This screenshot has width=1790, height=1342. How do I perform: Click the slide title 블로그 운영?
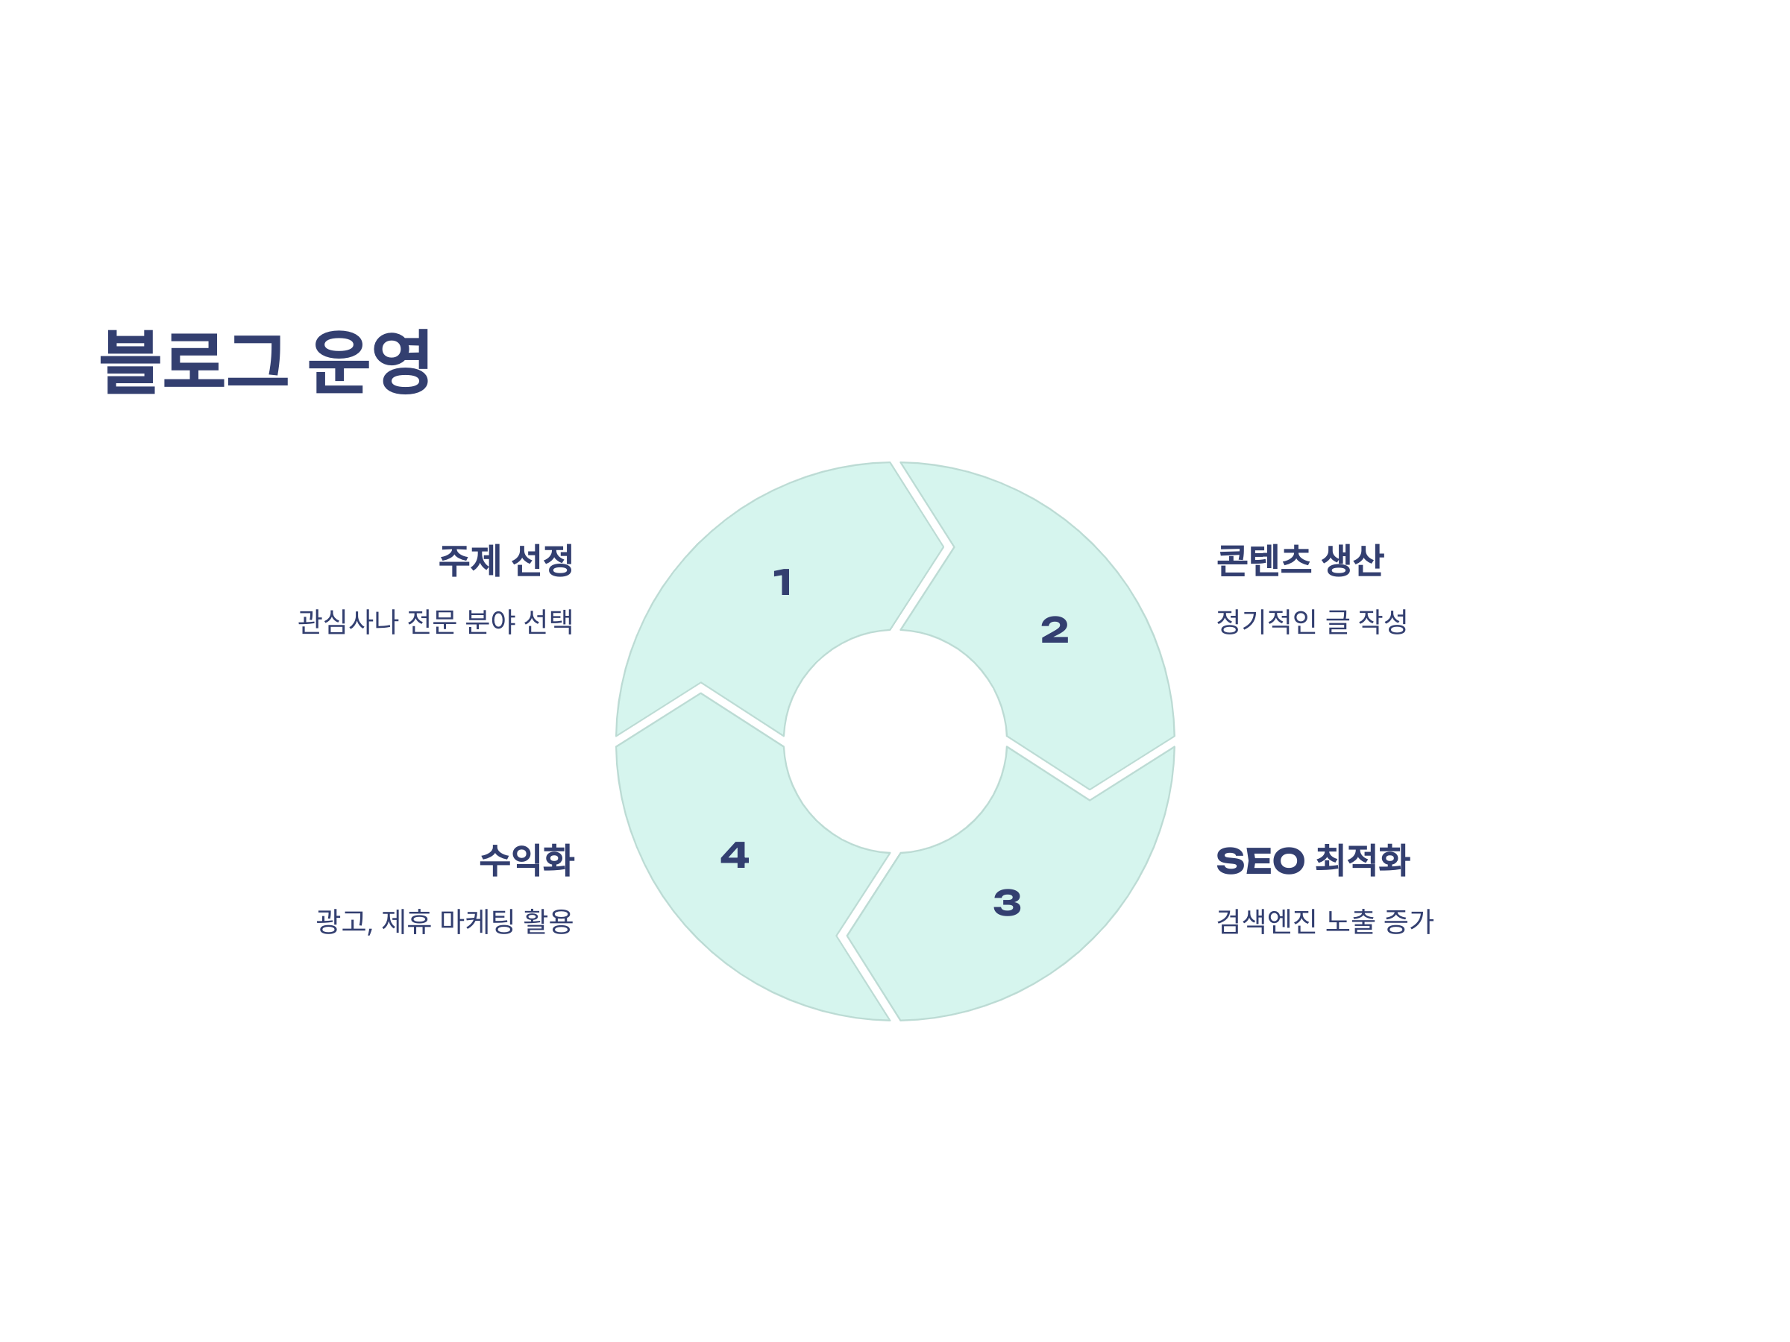coord(265,362)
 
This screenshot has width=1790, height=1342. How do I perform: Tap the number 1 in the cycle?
coord(782,582)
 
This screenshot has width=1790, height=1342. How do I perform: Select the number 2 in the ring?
coord(1055,630)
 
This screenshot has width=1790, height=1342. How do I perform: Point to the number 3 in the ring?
coord(1007,903)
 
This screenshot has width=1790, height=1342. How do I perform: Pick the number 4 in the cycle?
coord(735,855)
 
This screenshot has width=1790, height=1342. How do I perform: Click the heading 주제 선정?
coord(506,561)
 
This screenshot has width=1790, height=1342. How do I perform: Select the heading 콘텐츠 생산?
coord(1299,561)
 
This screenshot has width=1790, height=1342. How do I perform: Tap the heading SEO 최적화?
coord(1313,860)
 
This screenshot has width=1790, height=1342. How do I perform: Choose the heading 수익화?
coord(527,860)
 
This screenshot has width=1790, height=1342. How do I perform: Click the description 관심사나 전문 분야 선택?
coord(436,622)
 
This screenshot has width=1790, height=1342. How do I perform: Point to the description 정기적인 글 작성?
coord(1312,622)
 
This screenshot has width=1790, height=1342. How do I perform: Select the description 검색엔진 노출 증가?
coord(1325,922)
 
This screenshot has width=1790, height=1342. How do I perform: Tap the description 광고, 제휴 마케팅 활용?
coord(445,922)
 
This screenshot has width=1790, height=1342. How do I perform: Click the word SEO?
coord(1260,860)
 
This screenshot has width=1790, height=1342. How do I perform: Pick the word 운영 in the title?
coord(369,362)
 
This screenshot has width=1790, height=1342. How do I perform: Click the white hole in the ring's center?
coord(895,742)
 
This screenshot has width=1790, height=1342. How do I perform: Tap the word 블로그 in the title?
coord(193,362)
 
